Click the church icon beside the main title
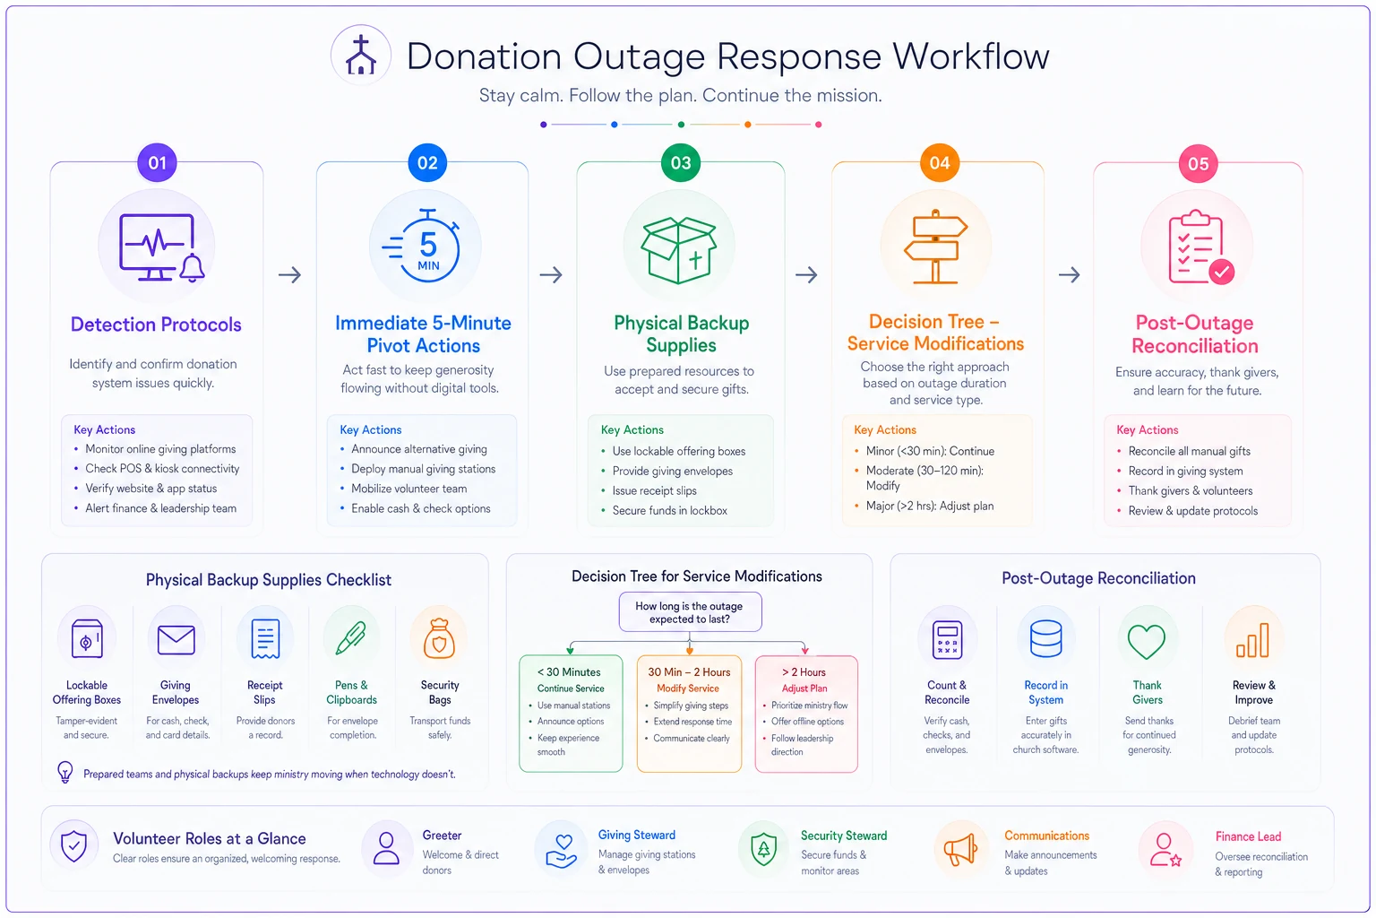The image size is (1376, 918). pyautogui.click(x=361, y=56)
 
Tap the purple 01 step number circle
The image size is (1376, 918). pyautogui.click(x=158, y=163)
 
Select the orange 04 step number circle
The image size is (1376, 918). pyautogui.click(x=939, y=163)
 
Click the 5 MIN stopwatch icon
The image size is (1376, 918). pyautogui.click(x=424, y=246)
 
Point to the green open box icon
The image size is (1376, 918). pyautogui.click(x=679, y=250)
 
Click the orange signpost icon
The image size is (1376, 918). pyautogui.click(x=935, y=247)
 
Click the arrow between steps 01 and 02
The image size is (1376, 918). pyautogui.click(x=290, y=274)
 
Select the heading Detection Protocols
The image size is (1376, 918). pyautogui.click(x=156, y=325)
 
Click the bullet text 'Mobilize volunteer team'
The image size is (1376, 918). pyautogui.click(x=409, y=489)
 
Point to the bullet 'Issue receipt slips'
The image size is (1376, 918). pyautogui.click(x=654, y=490)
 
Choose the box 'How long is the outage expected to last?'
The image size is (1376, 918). pyautogui.click(x=690, y=612)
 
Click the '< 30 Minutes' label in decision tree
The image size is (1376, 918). pyautogui.click(x=569, y=672)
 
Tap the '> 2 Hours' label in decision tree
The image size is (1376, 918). pyautogui.click(x=804, y=672)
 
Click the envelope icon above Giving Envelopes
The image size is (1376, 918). pyautogui.click(x=176, y=640)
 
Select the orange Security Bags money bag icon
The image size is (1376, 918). pyautogui.click(x=439, y=638)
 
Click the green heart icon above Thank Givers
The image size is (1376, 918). pyautogui.click(x=1147, y=641)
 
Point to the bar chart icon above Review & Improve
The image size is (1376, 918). pyautogui.click(x=1252, y=640)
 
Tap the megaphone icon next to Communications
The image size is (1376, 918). pyautogui.click(x=960, y=851)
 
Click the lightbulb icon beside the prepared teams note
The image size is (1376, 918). pyautogui.click(x=65, y=772)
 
